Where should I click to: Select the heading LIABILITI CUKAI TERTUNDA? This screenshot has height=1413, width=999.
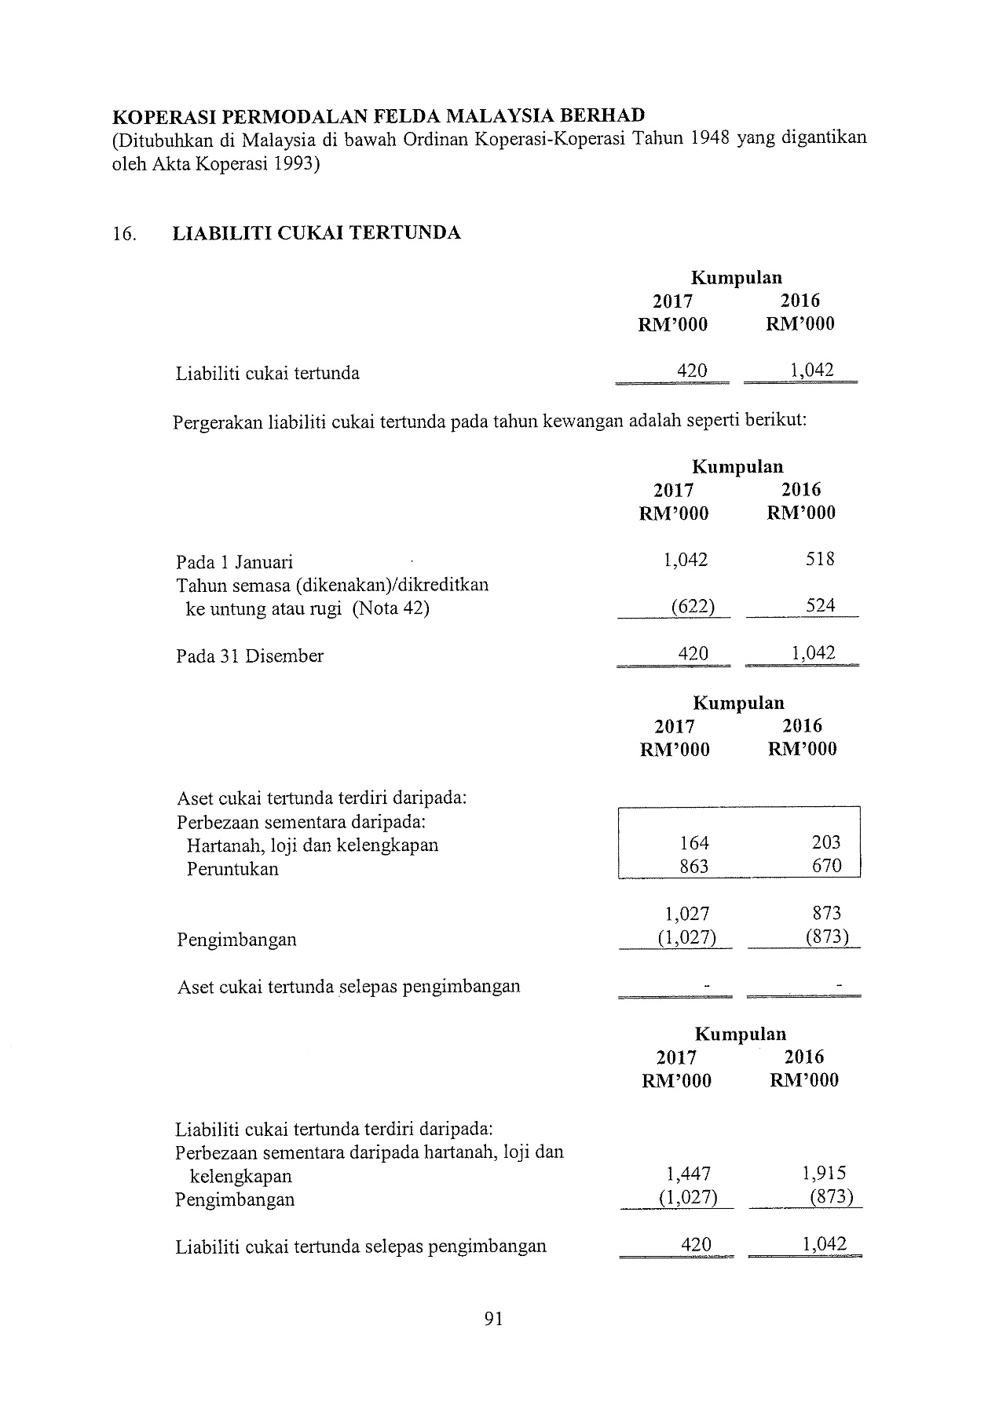tap(317, 233)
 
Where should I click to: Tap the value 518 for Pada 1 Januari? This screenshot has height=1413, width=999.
tap(820, 560)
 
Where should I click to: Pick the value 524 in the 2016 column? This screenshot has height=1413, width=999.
tap(820, 606)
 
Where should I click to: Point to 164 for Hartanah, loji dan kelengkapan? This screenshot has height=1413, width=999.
tap(694, 843)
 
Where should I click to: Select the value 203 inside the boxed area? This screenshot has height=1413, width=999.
tap(826, 843)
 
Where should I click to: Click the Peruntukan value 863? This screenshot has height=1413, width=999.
tap(694, 867)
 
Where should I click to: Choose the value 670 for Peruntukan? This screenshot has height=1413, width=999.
tap(826, 867)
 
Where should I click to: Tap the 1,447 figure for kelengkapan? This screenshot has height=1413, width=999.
tap(688, 1174)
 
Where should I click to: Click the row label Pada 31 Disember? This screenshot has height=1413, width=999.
tap(250, 656)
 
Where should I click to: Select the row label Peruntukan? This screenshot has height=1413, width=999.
tap(232, 870)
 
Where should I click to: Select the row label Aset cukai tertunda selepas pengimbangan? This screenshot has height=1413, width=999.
tap(349, 987)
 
